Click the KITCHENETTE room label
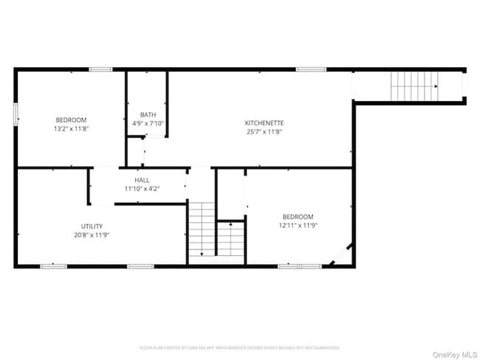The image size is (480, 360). (x=264, y=122)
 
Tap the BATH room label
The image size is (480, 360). (x=148, y=114)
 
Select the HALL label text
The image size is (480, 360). (x=142, y=180)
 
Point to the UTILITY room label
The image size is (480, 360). (x=92, y=226)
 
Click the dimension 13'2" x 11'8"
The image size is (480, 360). (x=71, y=129)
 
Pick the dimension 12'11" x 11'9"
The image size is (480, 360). (x=298, y=225)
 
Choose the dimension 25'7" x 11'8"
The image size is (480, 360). (x=264, y=131)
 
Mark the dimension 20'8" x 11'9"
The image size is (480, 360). (x=92, y=235)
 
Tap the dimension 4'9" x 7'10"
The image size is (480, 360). (x=148, y=123)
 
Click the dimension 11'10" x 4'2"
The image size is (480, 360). (x=142, y=189)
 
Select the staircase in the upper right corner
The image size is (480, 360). (x=414, y=86)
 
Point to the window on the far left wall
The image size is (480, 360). (x=16, y=115)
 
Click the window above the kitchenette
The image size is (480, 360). (x=311, y=69)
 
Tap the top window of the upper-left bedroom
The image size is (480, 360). (x=100, y=69)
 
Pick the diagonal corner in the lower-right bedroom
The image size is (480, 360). (x=341, y=255)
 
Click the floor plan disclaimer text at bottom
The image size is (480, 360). (x=240, y=347)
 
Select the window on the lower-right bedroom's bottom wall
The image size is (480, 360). (x=300, y=266)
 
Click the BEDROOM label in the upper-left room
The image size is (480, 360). (x=71, y=120)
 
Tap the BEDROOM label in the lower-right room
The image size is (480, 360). (x=298, y=216)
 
